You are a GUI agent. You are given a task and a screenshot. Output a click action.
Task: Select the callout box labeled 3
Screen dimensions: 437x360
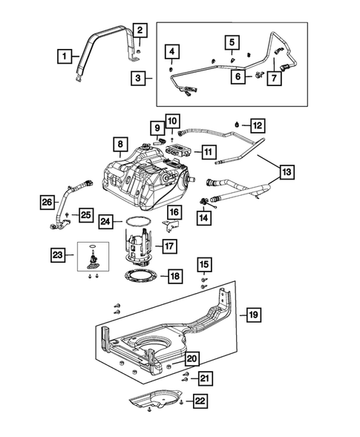(138, 76)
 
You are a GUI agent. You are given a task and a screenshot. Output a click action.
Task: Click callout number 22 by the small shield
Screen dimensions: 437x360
(200, 401)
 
